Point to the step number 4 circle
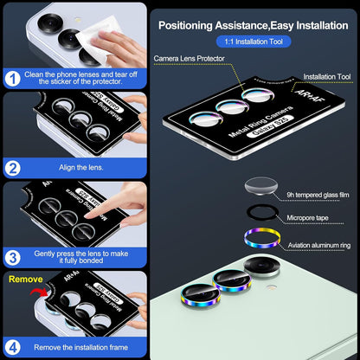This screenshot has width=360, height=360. pos(14,345)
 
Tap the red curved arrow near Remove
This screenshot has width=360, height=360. pos(35,298)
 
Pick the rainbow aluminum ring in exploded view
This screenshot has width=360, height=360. pos(259,241)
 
